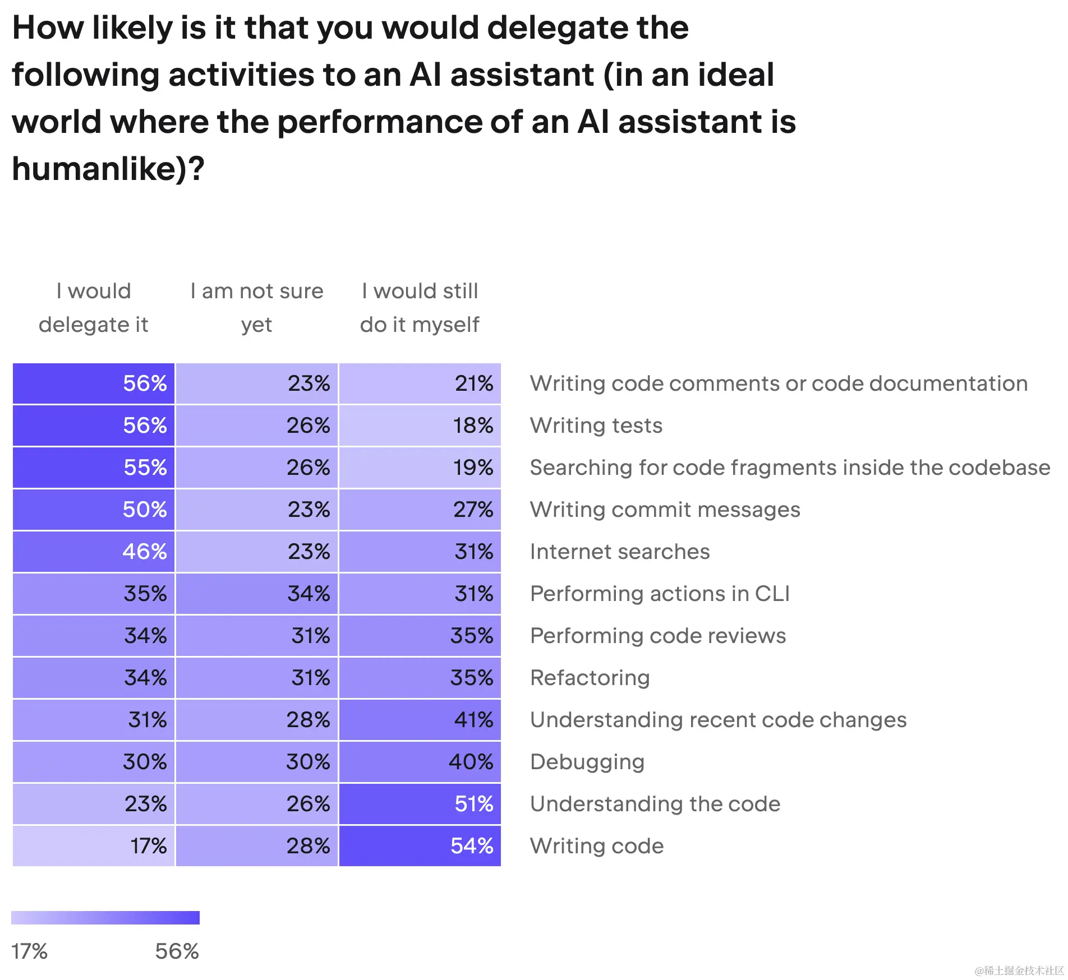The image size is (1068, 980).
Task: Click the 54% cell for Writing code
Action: tap(420, 845)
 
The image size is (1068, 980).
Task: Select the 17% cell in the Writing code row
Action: tap(94, 845)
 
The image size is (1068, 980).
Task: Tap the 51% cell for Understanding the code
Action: tap(420, 803)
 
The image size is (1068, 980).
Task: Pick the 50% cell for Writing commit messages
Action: tap(94, 509)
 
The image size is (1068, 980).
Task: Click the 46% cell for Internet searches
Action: tap(94, 551)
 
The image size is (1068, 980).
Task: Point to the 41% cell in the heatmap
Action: tap(420, 719)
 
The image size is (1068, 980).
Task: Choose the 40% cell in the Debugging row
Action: tap(420, 761)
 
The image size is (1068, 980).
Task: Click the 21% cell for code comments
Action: tap(420, 383)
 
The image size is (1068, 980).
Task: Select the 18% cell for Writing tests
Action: tap(420, 425)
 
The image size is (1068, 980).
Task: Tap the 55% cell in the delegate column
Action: tap(94, 467)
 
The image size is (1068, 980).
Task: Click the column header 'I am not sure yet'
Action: tap(257, 307)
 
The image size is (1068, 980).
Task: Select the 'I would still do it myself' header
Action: tap(420, 307)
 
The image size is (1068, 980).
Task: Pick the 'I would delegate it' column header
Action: tap(94, 307)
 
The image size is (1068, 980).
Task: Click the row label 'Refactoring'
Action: tap(590, 677)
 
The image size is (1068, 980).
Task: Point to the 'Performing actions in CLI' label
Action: tap(660, 593)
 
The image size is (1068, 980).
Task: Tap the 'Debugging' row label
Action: tap(587, 761)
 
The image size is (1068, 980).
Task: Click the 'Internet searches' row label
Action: tap(620, 551)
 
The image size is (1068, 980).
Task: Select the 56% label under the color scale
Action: tap(177, 951)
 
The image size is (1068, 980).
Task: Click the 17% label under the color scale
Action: tap(30, 951)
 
